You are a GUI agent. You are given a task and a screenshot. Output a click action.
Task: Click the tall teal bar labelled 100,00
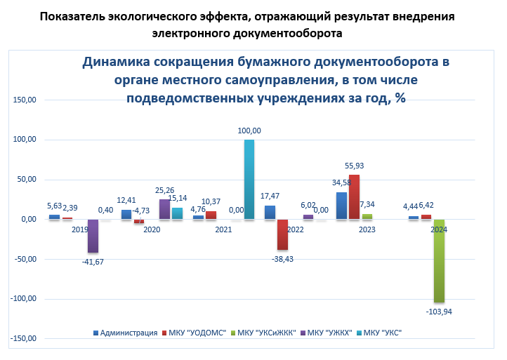[249, 179]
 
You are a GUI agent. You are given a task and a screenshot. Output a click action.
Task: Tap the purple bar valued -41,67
[93, 236]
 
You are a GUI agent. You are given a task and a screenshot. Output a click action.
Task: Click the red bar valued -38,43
[282, 234]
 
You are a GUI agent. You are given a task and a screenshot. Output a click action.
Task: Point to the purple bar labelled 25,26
[164, 209]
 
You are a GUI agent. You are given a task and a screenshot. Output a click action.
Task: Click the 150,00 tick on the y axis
[25, 100]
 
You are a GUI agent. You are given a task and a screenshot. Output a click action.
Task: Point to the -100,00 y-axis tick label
[23, 299]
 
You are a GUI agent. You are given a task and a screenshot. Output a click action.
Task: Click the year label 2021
[223, 229]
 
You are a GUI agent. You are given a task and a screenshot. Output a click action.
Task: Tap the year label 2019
[79, 229]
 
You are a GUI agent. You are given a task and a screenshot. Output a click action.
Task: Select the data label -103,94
[439, 310]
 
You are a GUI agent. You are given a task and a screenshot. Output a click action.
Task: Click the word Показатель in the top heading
[74, 16]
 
